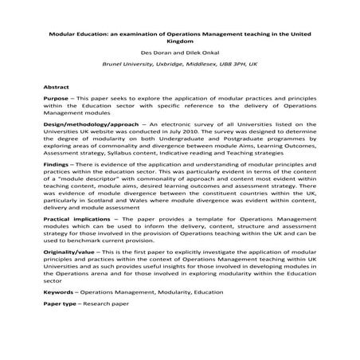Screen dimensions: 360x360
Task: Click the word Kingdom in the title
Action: tap(179, 46)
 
